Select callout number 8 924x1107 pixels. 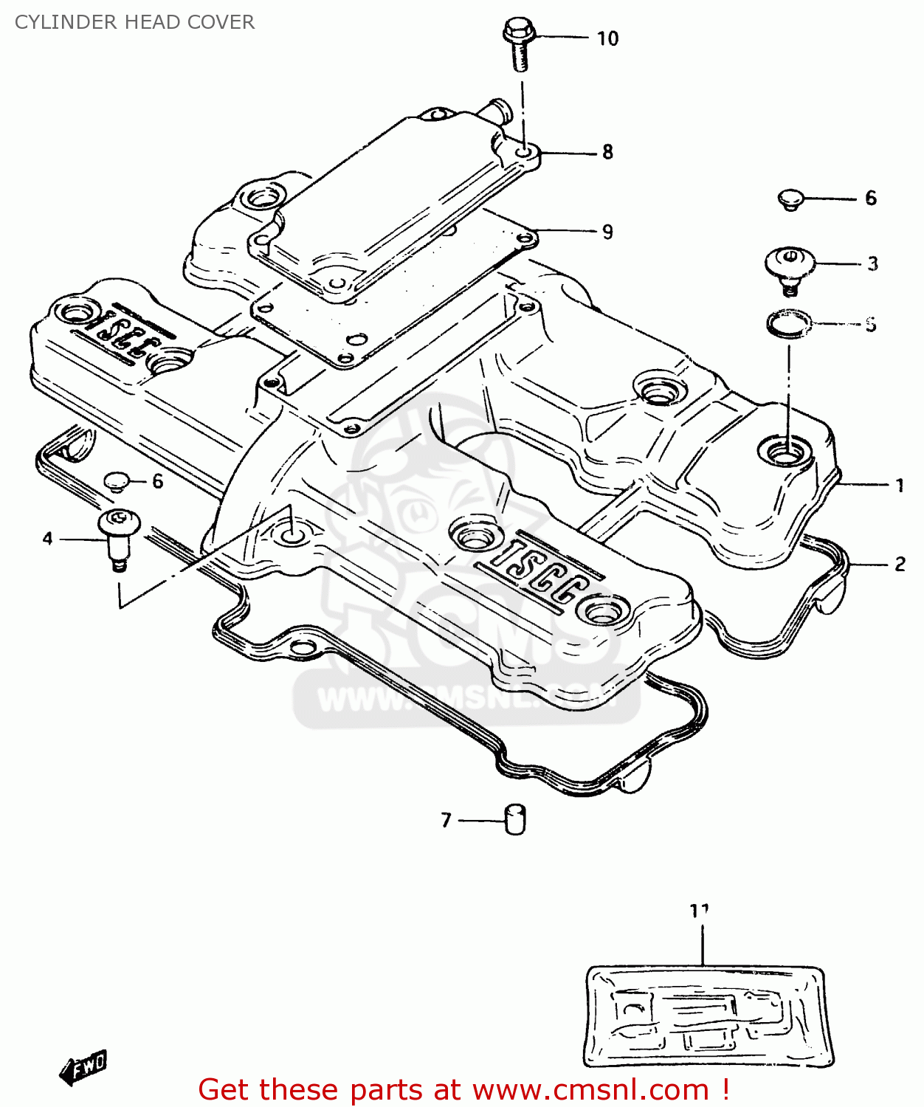[607, 152]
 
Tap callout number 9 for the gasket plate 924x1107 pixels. [607, 232]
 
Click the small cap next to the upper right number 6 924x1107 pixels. [791, 199]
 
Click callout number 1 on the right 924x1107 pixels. [900, 486]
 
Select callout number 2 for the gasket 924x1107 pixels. [900, 565]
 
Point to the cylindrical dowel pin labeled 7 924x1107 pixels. [515, 819]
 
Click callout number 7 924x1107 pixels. [446, 821]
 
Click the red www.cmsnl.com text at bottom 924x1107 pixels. [590, 1090]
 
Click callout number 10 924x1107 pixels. [607, 38]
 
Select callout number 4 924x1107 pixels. [48, 539]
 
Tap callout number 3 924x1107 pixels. [872, 264]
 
